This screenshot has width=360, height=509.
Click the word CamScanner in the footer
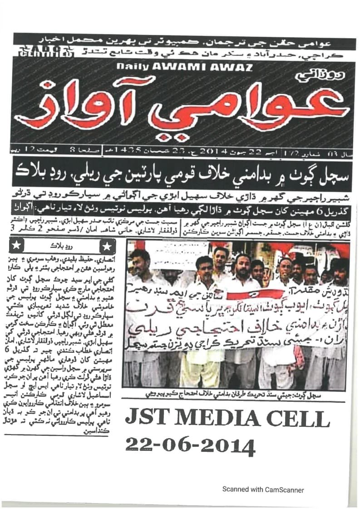pyautogui.click(x=283, y=490)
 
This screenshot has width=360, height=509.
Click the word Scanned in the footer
pyautogui.click(x=235, y=490)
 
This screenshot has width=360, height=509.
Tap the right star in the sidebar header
pyautogui.click(x=107, y=246)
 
